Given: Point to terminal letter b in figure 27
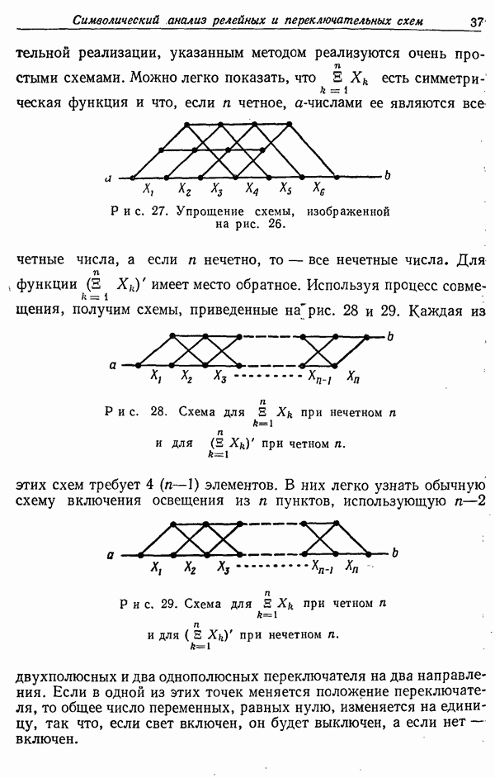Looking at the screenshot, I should [x=387, y=175].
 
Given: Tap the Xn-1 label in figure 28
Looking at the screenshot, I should [x=320, y=378].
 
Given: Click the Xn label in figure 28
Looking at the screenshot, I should [x=353, y=378].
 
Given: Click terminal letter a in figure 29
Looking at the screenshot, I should [x=110, y=554].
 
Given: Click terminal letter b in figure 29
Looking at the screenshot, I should [x=396, y=553].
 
